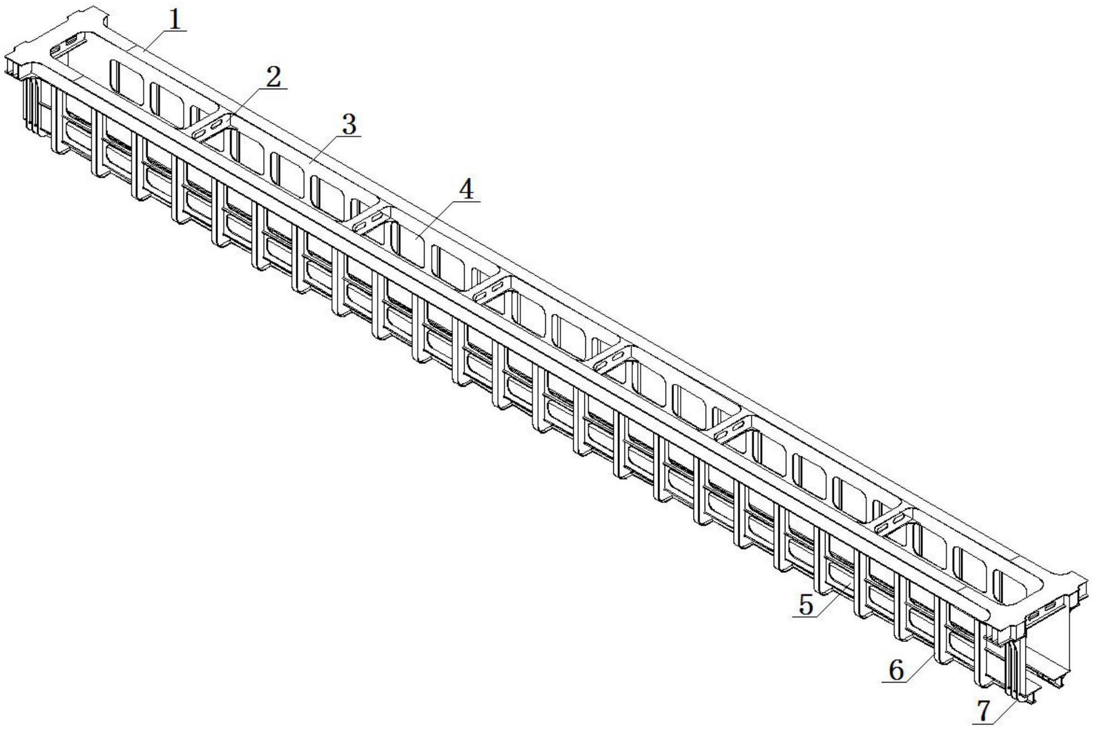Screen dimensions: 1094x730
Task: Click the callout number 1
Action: (x=175, y=20)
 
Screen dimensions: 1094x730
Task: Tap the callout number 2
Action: (x=273, y=78)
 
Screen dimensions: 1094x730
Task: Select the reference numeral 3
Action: (x=349, y=125)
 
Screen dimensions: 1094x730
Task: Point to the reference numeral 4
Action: (x=466, y=190)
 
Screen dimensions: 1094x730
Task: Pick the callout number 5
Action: (x=806, y=605)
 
